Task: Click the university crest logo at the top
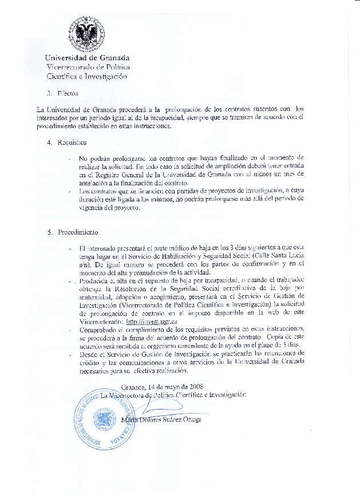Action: pos(86,33)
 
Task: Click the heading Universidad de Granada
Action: pos(88,58)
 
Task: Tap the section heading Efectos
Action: pos(68,93)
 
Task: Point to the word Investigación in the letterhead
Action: pos(105,76)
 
